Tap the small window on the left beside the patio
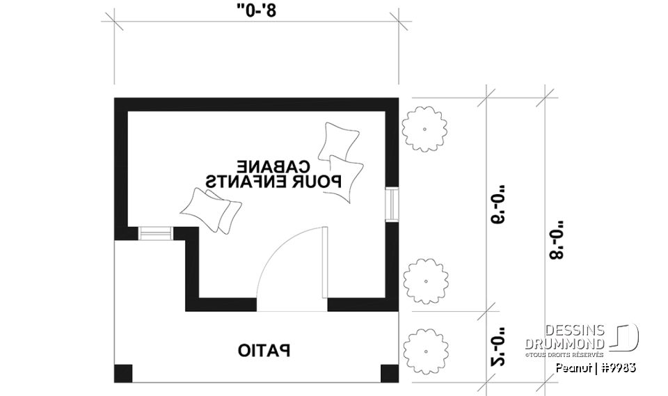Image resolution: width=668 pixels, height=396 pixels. (156, 234)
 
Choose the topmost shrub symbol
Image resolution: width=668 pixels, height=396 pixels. (424, 129)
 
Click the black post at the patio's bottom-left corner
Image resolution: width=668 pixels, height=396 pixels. (122, 373)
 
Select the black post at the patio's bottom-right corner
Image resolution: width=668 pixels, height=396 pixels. (390, 373)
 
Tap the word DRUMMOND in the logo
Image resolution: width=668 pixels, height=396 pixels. (564, 344)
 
